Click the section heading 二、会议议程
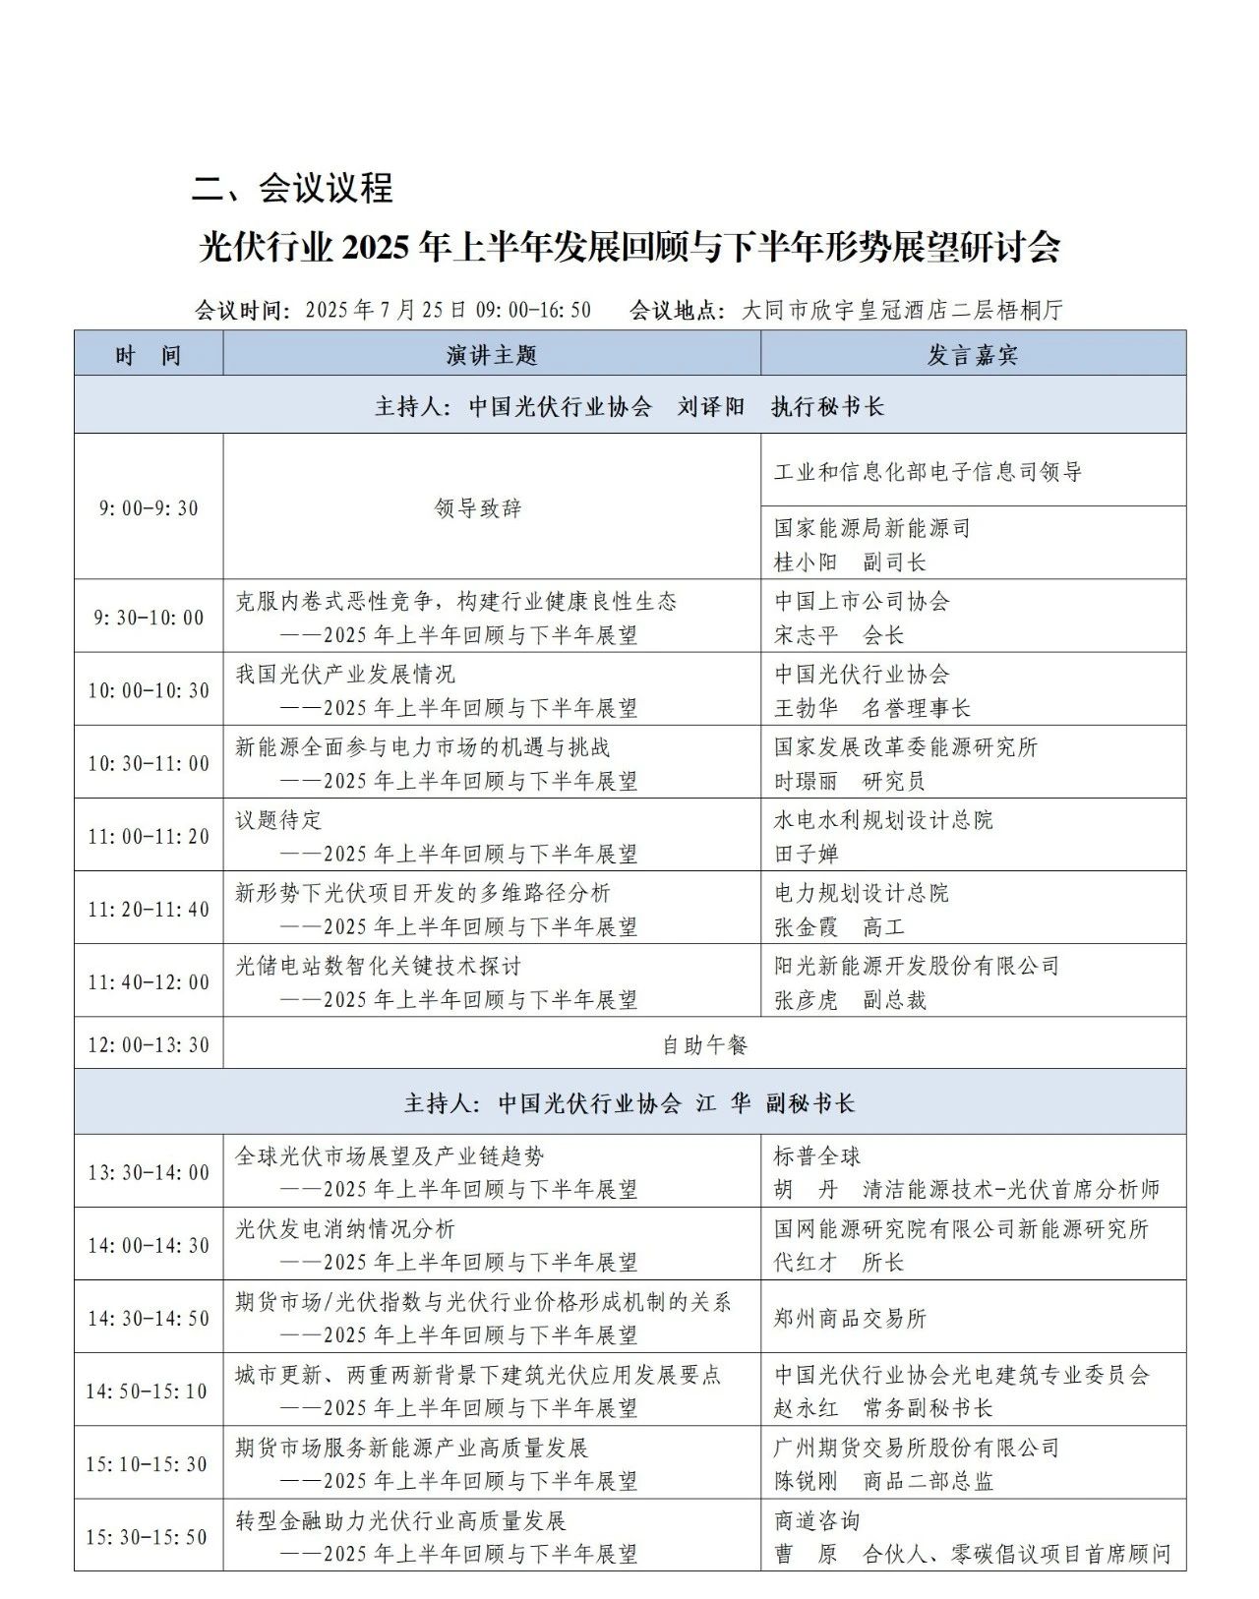point(292,187)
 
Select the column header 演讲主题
point(491,354)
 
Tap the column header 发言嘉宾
point(972,354)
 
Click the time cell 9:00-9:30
point(149,507)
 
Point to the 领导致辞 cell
point(478,507)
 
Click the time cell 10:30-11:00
point(149,763)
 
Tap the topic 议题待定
point(278,820)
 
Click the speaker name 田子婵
point(806,854)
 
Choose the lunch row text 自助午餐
point(704,1044)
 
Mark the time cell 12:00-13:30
point(149,1044)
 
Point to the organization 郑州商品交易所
point(850,1318)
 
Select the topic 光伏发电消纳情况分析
point(344,1229)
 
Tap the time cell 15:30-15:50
point(148,1536)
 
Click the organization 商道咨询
point(816,1520)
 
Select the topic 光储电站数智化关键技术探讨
point(378,966)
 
